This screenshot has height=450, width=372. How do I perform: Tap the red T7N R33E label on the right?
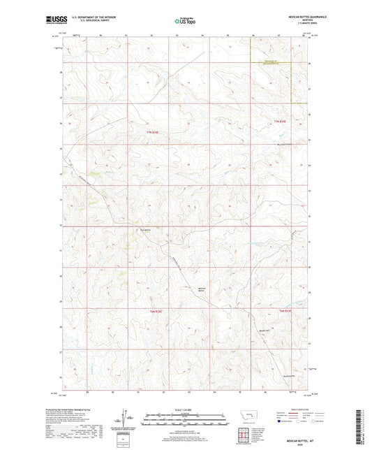pyautogui.click(x=281, y=122)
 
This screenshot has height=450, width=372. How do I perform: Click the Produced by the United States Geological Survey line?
pyautogui.click(x=74, y=410)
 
